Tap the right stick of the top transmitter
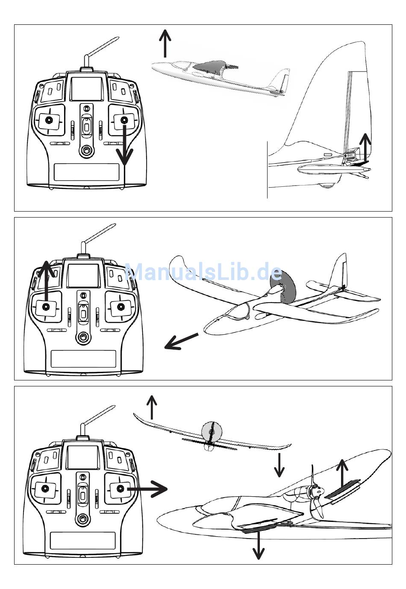point(124,120)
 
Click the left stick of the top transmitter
point(49,120)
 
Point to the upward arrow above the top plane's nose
point(165,43)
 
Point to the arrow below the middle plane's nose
point(181,342)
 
